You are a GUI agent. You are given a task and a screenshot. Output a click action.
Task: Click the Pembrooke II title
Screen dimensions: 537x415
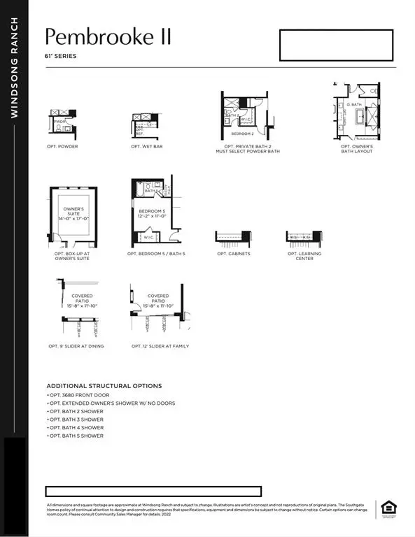[x=108, y=36]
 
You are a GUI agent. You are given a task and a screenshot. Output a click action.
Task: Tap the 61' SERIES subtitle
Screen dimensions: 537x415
[x=60, y=55]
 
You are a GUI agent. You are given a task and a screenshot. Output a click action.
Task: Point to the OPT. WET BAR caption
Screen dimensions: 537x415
[x=146, y=147]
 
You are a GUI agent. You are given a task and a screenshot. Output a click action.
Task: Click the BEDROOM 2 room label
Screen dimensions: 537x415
[x=242, y=133]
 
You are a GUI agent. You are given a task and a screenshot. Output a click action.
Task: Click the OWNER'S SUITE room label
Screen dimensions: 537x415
[x=73, y=213]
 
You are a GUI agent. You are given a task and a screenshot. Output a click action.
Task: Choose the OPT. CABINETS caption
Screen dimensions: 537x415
[x=233, y=254]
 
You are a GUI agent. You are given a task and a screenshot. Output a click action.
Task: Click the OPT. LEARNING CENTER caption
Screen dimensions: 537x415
[x=304, y=256]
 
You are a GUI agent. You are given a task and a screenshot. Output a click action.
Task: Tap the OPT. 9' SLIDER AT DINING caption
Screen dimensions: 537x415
[x=77, y=346]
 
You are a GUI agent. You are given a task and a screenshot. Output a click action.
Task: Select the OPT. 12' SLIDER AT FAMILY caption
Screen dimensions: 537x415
[x=160, y=346]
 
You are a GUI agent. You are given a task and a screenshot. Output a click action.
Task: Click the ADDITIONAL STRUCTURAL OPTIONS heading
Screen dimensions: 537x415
[x=104, y=386]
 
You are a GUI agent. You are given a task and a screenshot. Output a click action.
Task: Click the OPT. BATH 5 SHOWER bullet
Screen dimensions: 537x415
[x=76, y=436]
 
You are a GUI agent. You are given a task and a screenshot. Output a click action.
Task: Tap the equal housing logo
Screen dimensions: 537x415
[x=385, y=508]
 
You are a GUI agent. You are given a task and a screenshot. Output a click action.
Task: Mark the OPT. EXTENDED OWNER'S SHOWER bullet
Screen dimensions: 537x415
[x=111, y=403]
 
